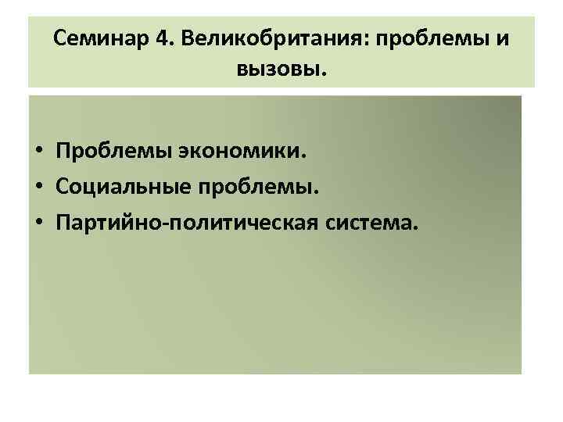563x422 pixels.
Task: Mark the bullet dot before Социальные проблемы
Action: [37, 188]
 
